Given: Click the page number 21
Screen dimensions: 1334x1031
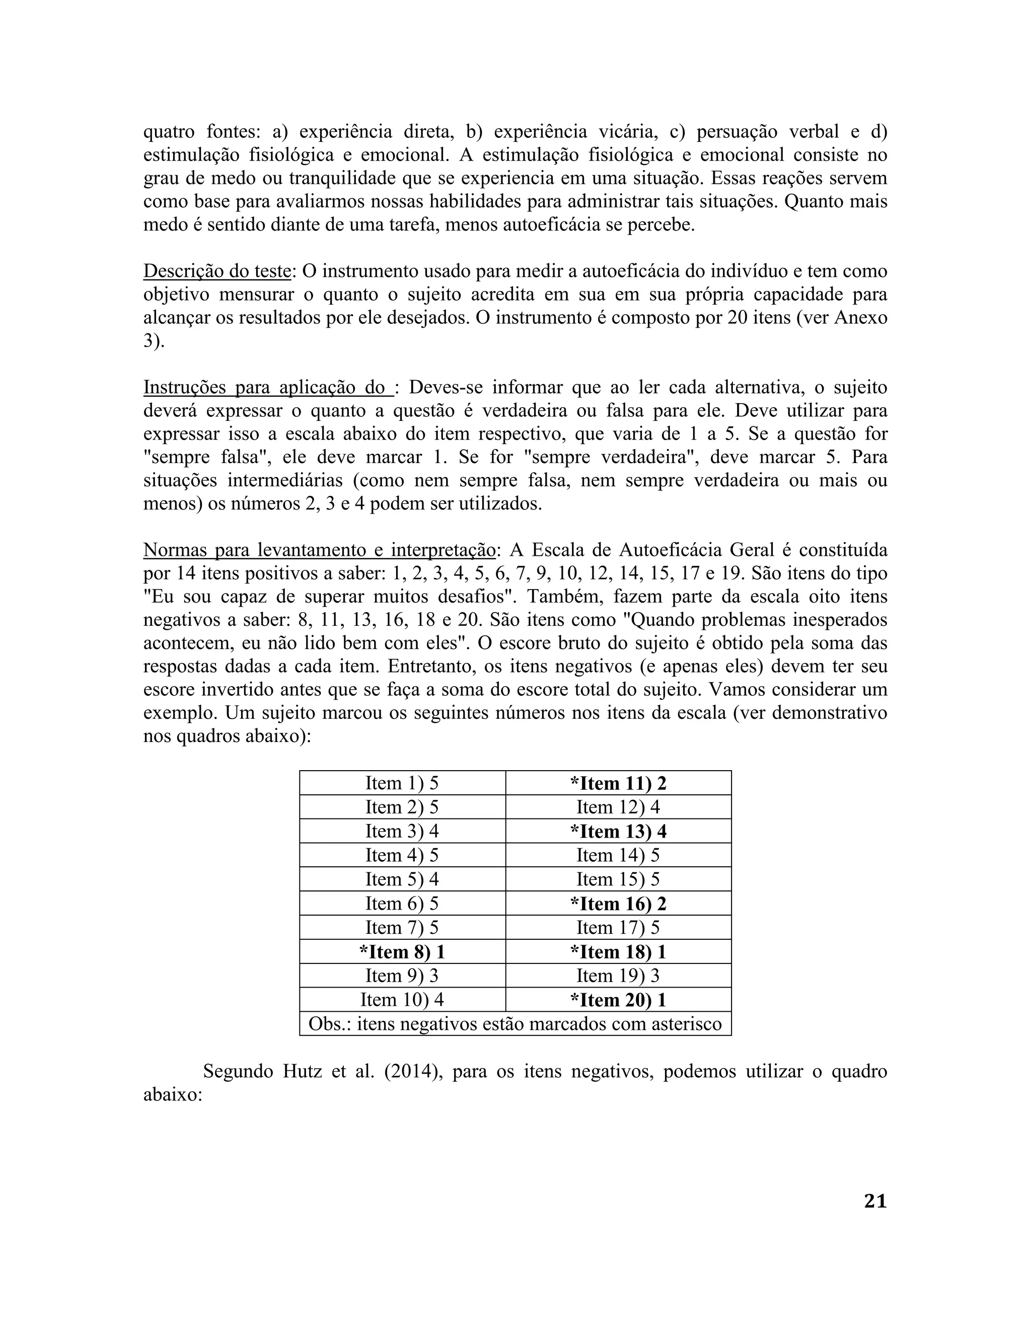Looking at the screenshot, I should tap(874, 1201).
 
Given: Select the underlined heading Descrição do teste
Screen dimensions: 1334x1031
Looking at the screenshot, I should tap(216, 271).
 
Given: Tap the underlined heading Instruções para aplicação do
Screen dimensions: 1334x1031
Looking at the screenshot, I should tap(267, 388).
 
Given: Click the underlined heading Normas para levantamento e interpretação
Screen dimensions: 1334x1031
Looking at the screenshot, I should tap(319, 550).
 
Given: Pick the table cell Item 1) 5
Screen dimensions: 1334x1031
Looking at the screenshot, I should tap(402, 783).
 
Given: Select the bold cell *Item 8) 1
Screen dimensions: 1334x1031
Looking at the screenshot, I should tap(402, 951).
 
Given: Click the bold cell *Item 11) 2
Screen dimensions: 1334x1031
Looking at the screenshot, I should tap(618, 783).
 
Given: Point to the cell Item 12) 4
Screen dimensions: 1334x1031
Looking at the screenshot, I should tap(618, 807).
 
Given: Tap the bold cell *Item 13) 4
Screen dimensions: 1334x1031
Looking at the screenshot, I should tap(618, 831).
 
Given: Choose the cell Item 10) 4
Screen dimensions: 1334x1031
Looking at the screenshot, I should tap(402, 1000).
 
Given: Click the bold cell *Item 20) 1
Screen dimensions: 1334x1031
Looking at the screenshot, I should tap(618, 1000).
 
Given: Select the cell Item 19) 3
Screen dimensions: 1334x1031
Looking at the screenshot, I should tap(618, 976).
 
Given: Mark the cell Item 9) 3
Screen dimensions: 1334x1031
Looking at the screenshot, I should tap(402, 976).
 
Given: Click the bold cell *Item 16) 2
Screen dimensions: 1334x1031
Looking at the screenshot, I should tap(618, 904).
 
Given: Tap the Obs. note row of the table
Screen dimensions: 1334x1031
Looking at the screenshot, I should tap(515, 1024).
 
